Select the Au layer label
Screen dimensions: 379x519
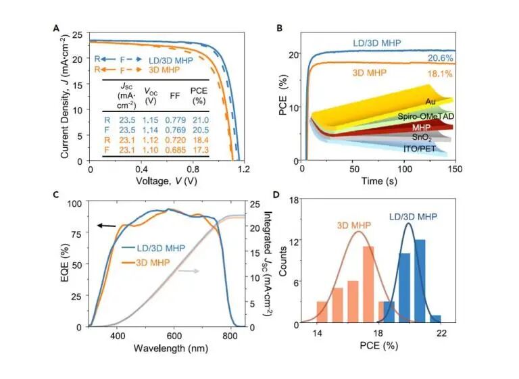[430, 101]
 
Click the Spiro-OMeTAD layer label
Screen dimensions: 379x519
[426, 114]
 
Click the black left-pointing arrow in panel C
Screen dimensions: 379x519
[105, 225]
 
